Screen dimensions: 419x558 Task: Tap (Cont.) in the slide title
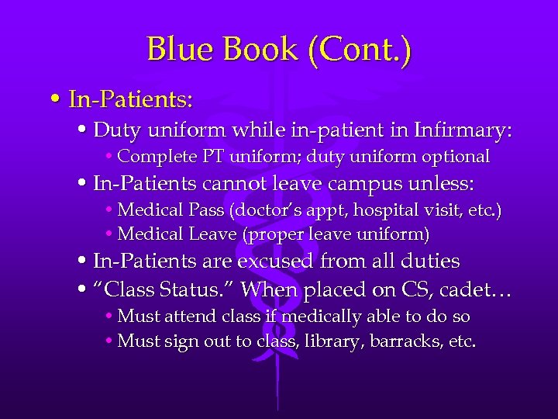coord(360,50)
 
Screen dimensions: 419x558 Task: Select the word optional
coord(456,157)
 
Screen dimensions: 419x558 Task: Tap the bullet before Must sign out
coord(108,341)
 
